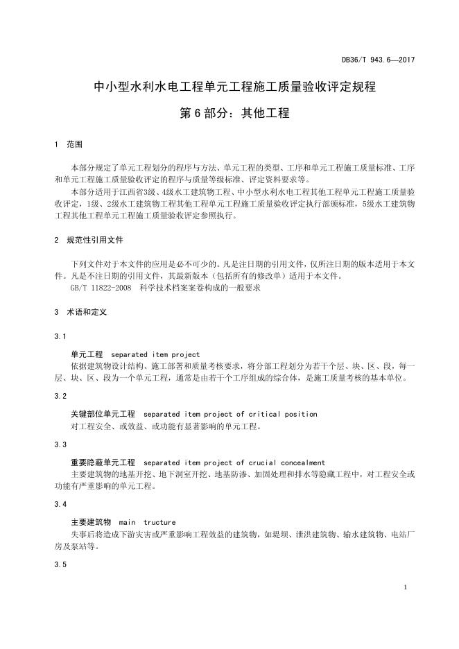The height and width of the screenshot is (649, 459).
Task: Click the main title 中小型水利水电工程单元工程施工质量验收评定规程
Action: [x=234, y=87]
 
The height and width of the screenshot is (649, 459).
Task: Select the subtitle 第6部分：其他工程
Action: [x=234, y=113]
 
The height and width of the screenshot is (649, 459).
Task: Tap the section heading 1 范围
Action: [x=69, y=145]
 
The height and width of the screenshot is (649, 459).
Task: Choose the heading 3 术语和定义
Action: [x=80, y=313]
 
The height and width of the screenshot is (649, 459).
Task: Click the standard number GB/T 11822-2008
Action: [x=101, y=288]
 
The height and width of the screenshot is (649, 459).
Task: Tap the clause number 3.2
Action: [x=60, y=396]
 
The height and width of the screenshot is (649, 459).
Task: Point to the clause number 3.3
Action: [x=60, y=444]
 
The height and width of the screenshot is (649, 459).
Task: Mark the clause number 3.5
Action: [x=60, y=564]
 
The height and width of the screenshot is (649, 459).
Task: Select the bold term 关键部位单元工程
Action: [x=103, y=414]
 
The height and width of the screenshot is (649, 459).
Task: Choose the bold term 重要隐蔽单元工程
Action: [x=103, y=462]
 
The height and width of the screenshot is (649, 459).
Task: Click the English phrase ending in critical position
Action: [x=230, y=414]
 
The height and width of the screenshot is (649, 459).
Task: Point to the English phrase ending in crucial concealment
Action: [x=234, y=462]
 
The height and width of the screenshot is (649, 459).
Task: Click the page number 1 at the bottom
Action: [x=404, y=588]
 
